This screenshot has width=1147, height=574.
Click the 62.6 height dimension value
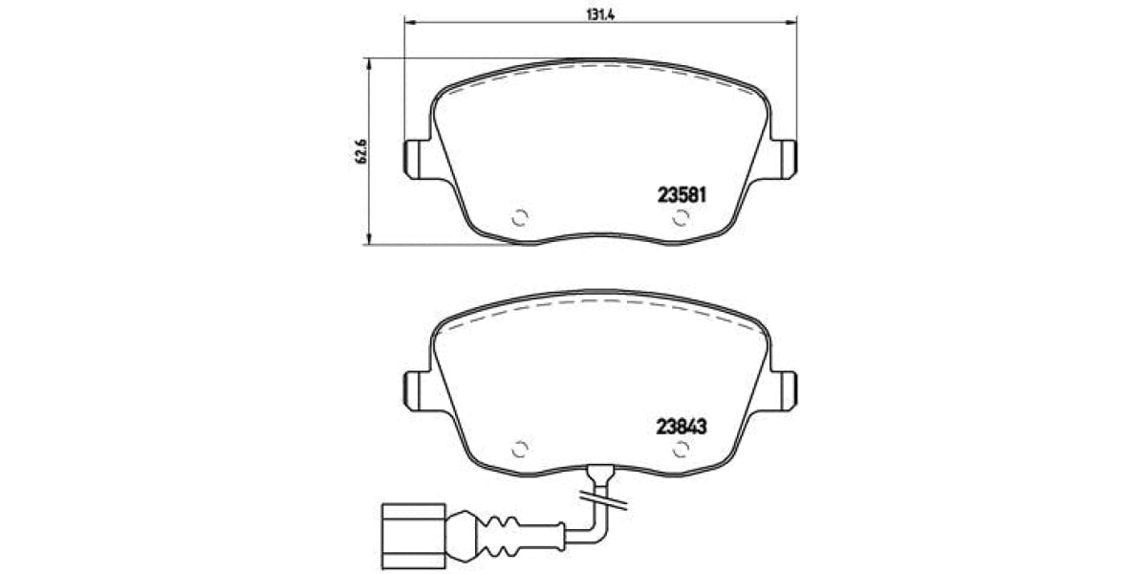[362, 150]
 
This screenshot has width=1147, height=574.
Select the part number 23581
[681, 194]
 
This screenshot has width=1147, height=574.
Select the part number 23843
[681, 428]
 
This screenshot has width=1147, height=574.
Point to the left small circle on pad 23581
[521, 217]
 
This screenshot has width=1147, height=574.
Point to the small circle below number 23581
[680, 218]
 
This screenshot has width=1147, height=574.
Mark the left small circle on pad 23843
[521, 449]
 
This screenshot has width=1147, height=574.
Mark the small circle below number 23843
[680, 450]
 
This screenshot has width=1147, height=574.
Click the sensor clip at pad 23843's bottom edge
[601, 473]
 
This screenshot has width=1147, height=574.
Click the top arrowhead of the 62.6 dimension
[370, 63]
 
